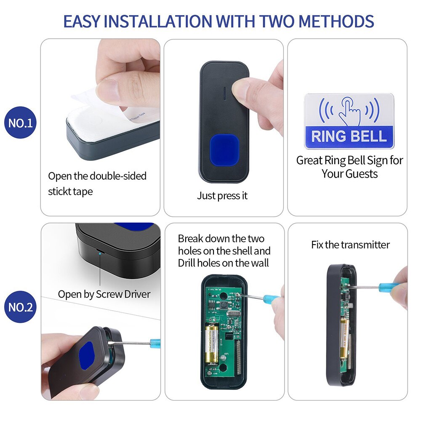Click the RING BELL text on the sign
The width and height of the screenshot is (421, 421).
[349, 136]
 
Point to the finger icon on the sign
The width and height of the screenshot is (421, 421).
[349, 111]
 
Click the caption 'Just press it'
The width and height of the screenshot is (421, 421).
[222, 196]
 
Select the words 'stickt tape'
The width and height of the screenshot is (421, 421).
[70, 192]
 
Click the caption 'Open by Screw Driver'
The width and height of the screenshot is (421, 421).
[104, 294]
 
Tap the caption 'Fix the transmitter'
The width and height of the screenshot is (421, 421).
[350, 245]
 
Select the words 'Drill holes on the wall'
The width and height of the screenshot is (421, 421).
[223, 264]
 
